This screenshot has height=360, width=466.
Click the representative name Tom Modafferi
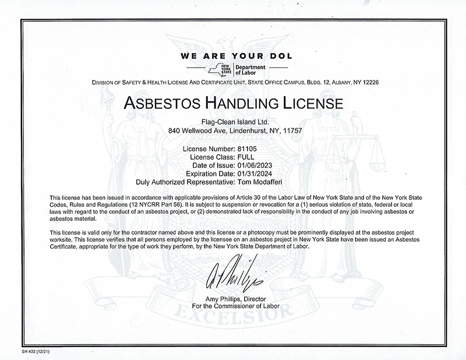260,182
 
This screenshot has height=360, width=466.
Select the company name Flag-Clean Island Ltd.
233,122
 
